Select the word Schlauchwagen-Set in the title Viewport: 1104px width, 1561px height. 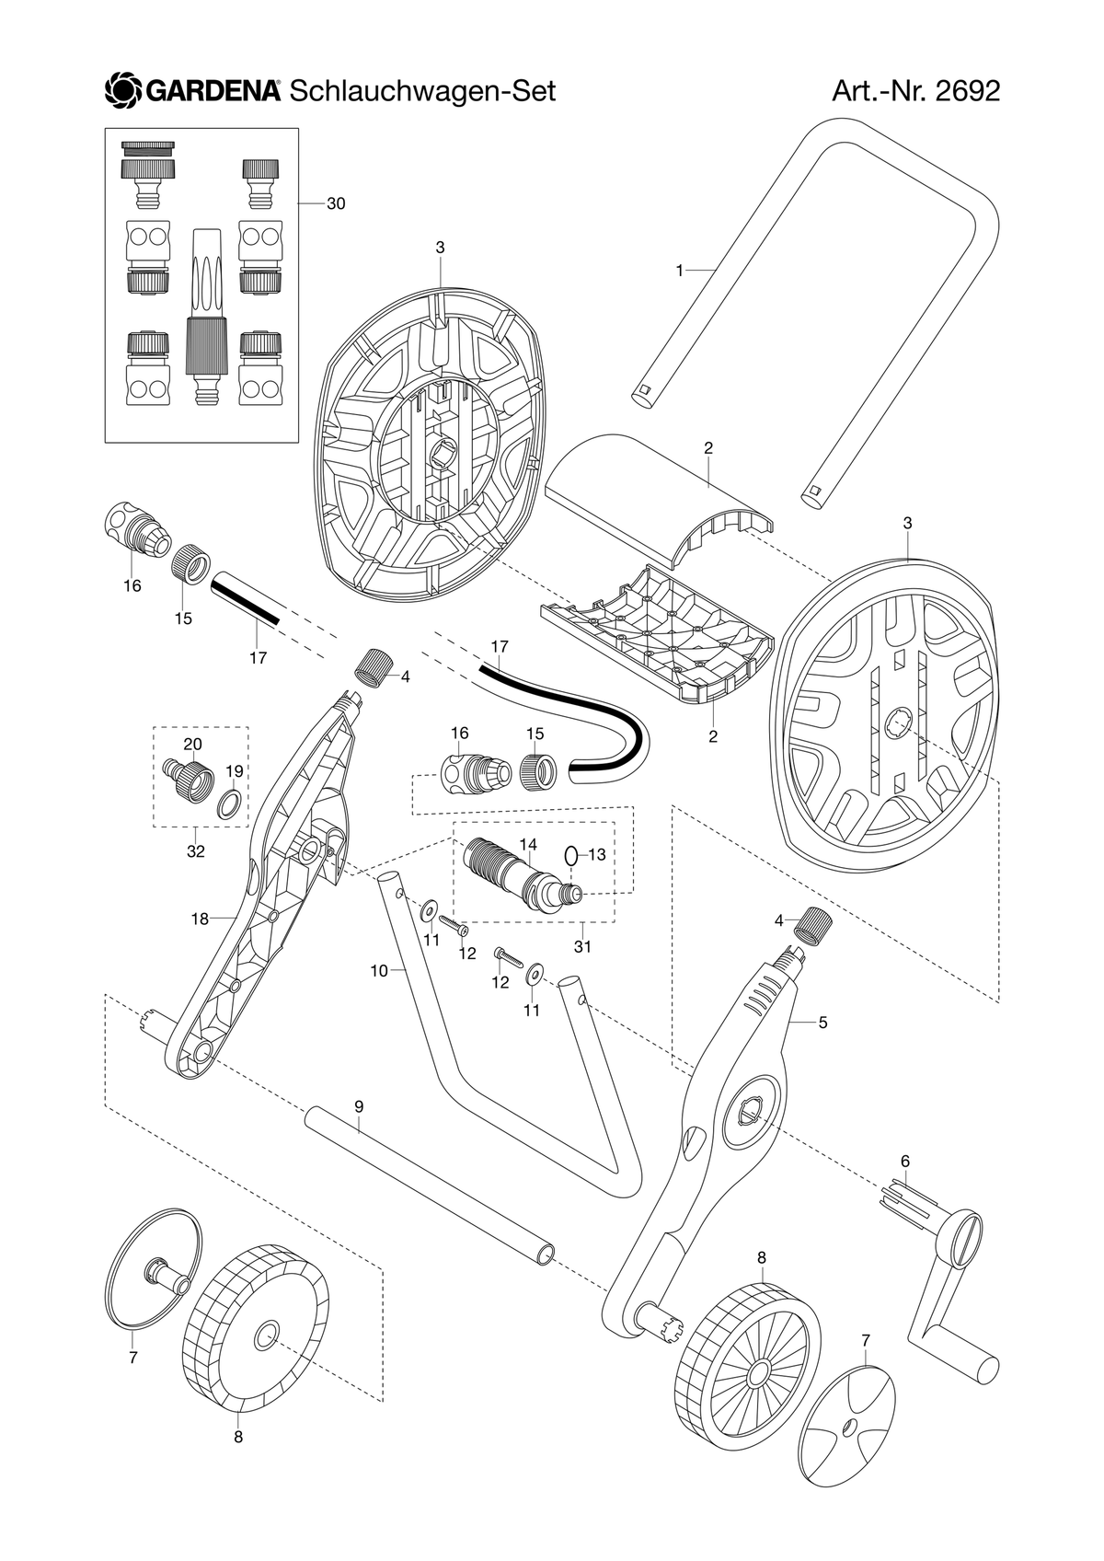pyautogui.click(x=422, y=91)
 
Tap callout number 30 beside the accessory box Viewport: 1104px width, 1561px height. pyautogui.click(x=336, y=203)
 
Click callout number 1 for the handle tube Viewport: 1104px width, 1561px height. pyautogui.click(x=680, y=271)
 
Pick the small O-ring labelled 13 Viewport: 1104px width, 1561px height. pyautogui.click(x=569, y=854)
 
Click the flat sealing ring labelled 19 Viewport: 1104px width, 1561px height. pyautogui.click(x=231, y=804)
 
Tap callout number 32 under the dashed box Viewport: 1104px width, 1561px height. pyautogui.click(x=196, y=850)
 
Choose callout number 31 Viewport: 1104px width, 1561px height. pyautogui.click(x=582, y=946)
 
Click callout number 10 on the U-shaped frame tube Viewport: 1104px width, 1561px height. pyautogui.click(x=379, y=970)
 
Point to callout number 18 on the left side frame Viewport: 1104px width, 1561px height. pyautogui.click(x=200, y=919)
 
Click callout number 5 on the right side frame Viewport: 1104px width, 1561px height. pyautogui.click(x=822, y=1023)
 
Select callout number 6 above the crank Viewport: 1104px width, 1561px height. pyautogui.click(x=904, y=1161)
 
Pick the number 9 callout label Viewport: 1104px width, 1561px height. pyautogui.click(x=359, y=1106)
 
